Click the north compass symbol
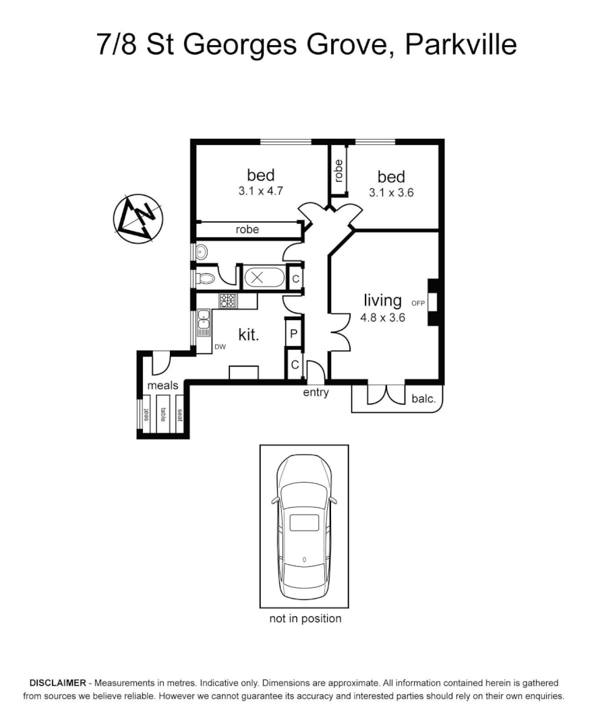(138, 218)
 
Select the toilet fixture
(206, 277)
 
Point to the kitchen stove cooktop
(228, 301)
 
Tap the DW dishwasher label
(220, 347)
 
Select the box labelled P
(294, 332)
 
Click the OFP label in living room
(417, 303)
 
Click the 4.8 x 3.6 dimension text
(382, 317)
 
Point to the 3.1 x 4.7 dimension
(260, 191)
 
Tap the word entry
(316, 392)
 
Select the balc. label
(423, 398)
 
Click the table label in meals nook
(162, 415)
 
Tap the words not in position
(305, 618)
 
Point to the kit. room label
(249, 334)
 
